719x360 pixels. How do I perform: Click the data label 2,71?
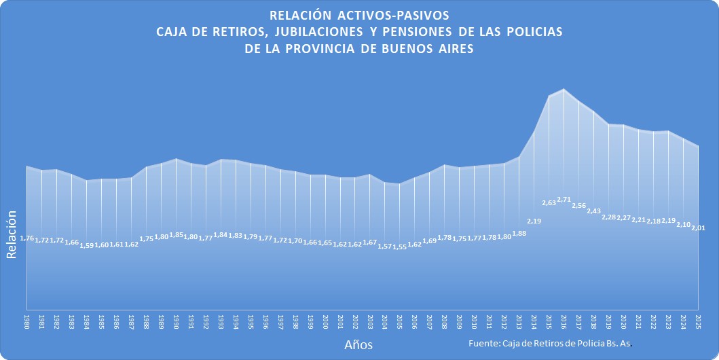[x=564, y=200]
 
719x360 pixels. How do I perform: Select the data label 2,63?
[x=549, y=202]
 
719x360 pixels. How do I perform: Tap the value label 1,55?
[x=399, y=247]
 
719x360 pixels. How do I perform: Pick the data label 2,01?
[x=698, y=228]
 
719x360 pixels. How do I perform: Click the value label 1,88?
[x=519, y=234]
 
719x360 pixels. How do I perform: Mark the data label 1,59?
[x=86, y=245]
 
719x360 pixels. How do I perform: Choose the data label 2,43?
[x=593, y=211]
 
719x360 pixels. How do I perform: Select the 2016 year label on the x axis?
[x=564, y=321]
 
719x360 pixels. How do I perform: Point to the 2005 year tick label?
[x=399, y=321]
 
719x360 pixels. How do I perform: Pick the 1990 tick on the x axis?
[x=176, y=321]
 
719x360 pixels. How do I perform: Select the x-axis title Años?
[x=358, y=344]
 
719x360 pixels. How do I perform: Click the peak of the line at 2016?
[x=564, y=89]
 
